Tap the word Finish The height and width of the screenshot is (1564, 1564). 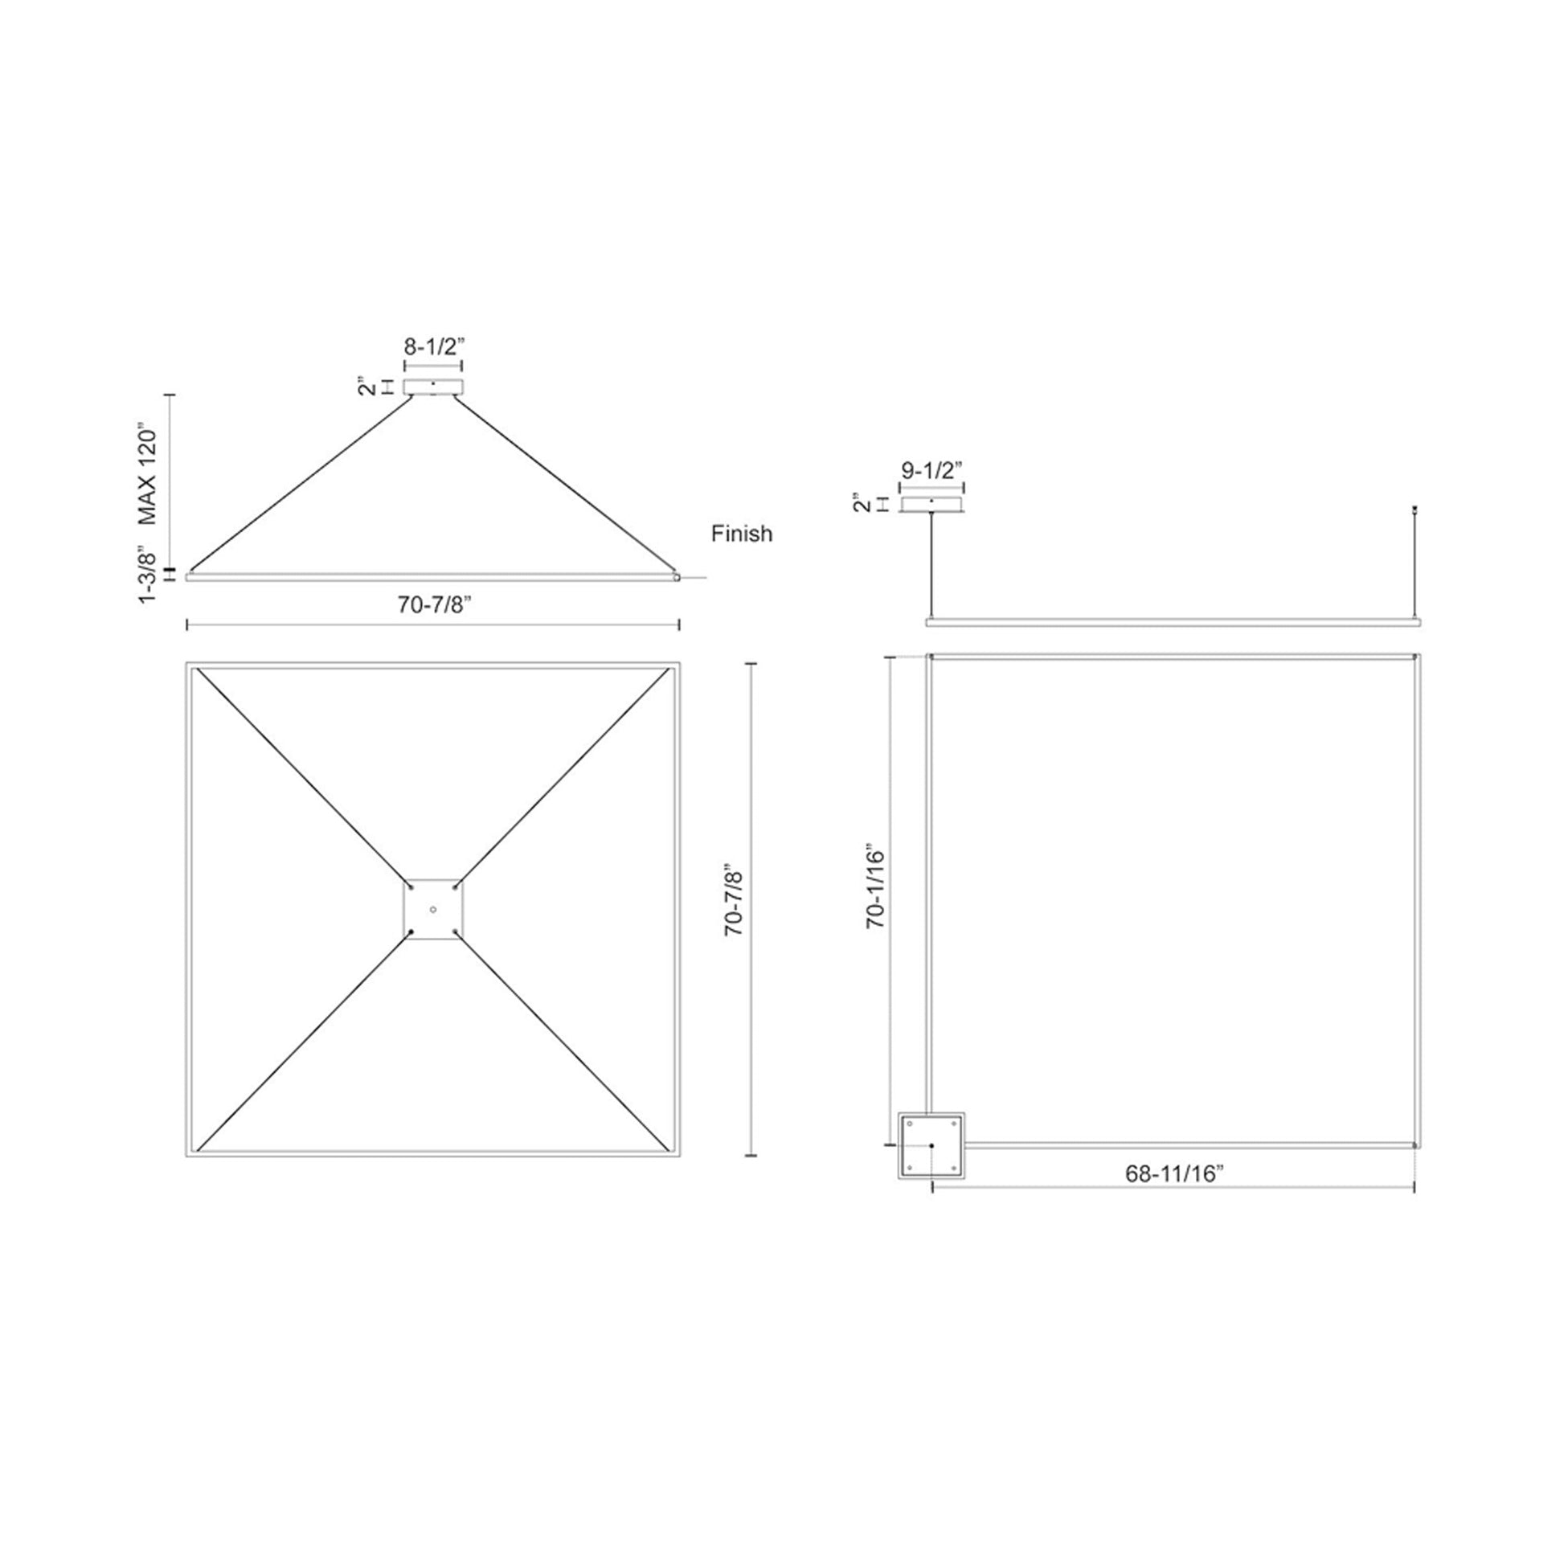click(742, 534)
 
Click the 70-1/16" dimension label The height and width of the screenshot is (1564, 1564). click(877, 899)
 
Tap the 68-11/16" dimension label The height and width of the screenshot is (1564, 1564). click(1172, 1175)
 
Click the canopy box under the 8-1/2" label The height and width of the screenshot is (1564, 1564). click(433, 387)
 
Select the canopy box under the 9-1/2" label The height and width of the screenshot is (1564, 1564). click(931, 506)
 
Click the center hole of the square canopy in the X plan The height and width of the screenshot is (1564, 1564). click(433, 910)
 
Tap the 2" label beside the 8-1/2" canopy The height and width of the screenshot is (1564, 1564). click(369, 387)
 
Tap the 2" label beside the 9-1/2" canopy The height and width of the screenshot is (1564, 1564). click(862, 505)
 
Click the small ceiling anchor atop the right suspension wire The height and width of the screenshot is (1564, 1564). click(1415, 510)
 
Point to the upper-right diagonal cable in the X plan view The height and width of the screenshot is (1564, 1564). click(563, 778)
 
